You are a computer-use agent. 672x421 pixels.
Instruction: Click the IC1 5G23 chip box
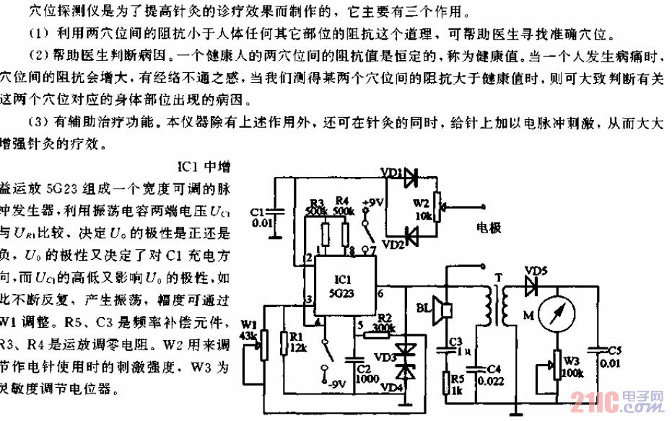(x=343, y=285)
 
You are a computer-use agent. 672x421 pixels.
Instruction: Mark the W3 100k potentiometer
(x=557, y=361)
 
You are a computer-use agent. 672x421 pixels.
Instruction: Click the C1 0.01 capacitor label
(x=260, y=217)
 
